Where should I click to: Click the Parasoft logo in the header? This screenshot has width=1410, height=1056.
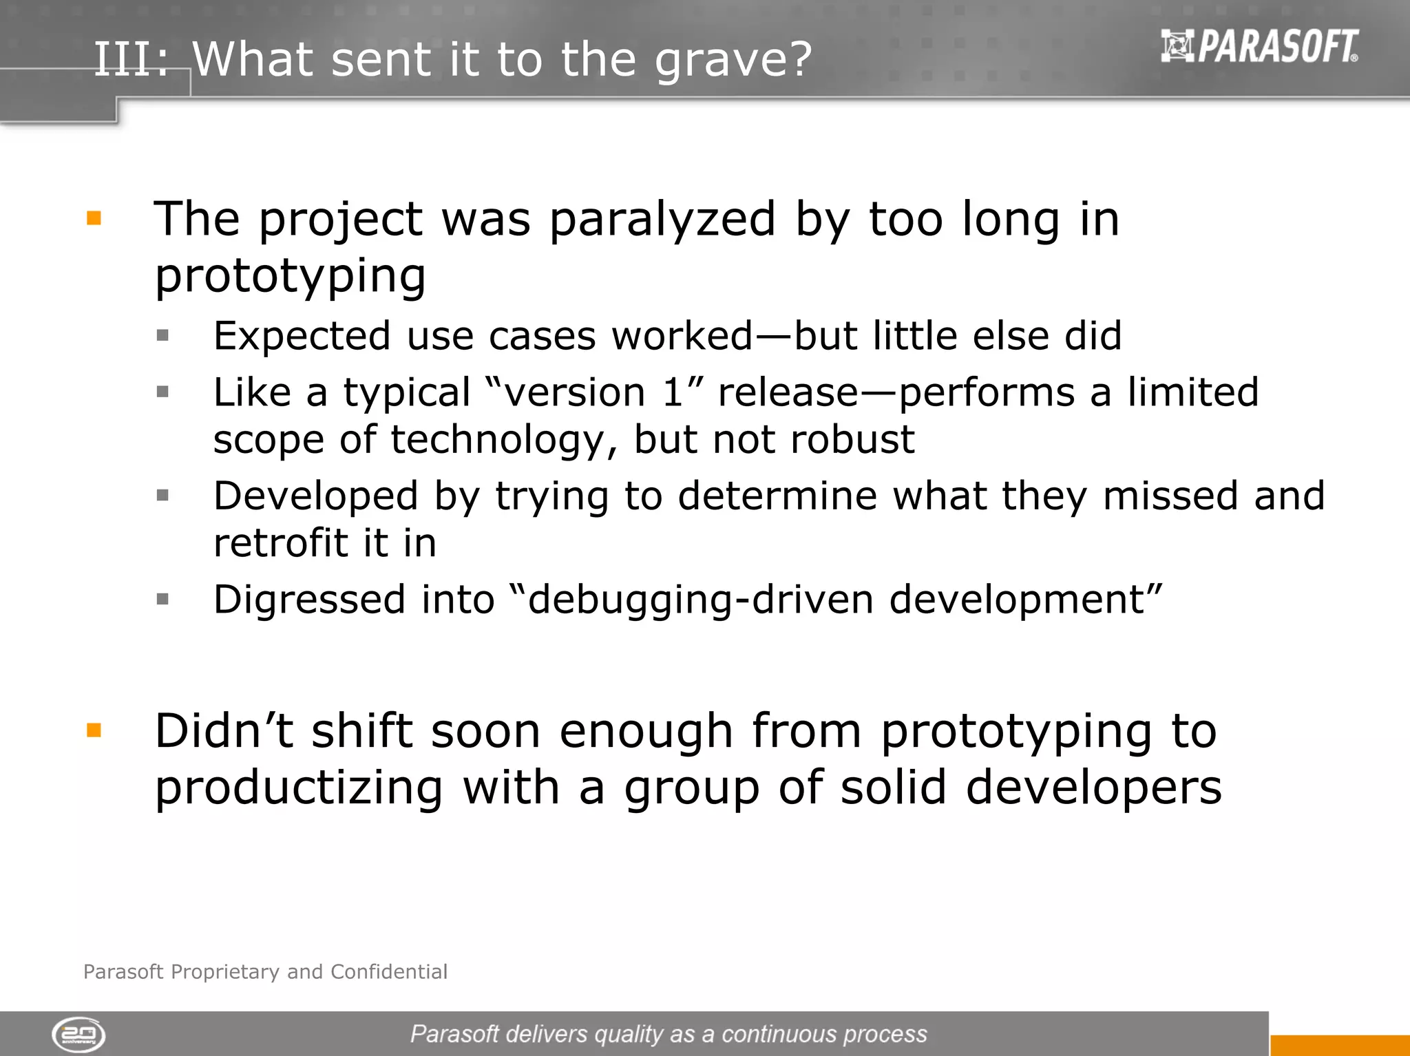click(1259, 47)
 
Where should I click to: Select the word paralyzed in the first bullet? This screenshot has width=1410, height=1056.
click(662, 219)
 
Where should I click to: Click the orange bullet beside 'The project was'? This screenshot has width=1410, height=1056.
click(94, 219)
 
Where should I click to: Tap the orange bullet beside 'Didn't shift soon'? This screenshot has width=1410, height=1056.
click(94, 730)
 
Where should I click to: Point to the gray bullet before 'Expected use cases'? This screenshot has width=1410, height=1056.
click(162, 336)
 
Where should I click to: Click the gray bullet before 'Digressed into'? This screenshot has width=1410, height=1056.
click(162, 599)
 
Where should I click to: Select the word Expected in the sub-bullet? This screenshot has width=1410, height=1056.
click(300, 336)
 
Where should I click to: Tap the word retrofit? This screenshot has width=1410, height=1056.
click(280, 543)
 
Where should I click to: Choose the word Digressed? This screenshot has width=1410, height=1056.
click(308, 599)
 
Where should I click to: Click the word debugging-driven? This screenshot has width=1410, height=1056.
click(701, 599)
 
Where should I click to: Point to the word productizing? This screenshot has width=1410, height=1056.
click(299, 788)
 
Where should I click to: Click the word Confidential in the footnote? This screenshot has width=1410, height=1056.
click(388, 971)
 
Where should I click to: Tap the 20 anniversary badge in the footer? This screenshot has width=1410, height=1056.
click(78, 1035)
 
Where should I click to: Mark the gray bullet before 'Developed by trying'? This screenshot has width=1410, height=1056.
click(162, 495)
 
